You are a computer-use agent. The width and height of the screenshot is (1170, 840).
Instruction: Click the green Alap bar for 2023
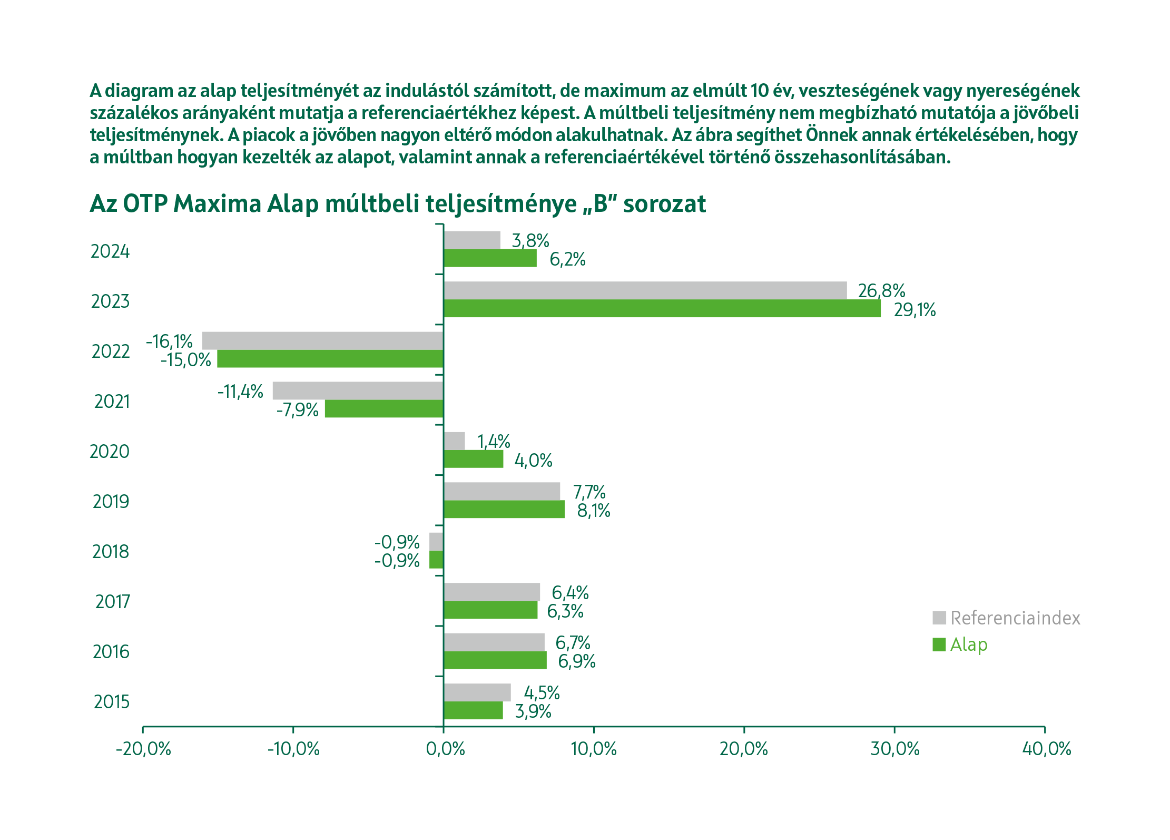pos(662,309)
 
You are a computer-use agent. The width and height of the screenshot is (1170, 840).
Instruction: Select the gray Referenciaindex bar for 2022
pos(322,341)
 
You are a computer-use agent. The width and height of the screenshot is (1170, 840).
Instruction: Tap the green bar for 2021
pos(384,409)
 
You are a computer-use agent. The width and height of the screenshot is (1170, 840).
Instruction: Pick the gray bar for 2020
pos(454,441)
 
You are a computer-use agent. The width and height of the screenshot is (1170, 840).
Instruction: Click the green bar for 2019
pos(504,510)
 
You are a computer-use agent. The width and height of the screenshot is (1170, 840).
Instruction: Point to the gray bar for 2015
pos(477,692)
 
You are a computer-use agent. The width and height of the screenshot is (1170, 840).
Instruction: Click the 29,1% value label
pos(915,310)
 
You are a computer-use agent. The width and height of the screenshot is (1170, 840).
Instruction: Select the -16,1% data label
pos(169,341)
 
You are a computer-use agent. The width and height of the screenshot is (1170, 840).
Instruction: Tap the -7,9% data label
pos(298,410)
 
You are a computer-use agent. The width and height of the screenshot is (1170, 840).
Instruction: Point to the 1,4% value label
pos(494,442)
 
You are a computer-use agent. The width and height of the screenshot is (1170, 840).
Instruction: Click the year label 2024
pos(110,252)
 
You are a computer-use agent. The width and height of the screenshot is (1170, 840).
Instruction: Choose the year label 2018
pos(111,552)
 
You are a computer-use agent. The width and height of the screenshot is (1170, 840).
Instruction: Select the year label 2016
pos(111,652)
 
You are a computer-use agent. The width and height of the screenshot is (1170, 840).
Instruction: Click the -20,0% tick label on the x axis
pos(143,749)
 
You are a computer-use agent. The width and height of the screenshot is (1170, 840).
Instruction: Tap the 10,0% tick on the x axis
pos(594,749)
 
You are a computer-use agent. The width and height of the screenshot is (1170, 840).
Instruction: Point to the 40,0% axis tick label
pos(1046,749)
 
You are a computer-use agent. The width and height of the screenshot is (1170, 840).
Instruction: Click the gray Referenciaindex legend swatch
pos(939,618)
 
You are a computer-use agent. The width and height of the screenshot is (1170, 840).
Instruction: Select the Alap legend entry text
pos(969,644)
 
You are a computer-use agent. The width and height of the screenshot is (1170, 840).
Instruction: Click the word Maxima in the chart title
pos(217,204)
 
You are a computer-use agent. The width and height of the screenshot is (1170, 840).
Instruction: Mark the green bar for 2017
pos(490,610)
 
